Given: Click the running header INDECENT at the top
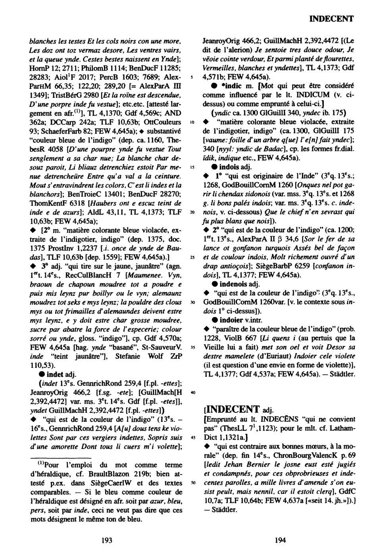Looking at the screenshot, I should tap(331, 19).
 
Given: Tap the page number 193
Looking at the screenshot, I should tap(107, 539).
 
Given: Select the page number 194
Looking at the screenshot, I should tap(280, 539).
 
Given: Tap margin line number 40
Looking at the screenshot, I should tap(192, 393).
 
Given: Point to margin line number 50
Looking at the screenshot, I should tap(192, 483).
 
